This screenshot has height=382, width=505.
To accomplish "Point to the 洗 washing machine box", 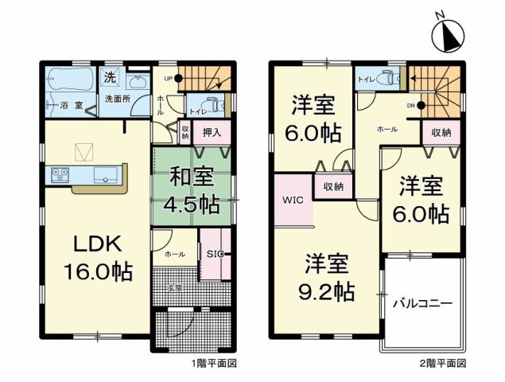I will [x=111, y=78].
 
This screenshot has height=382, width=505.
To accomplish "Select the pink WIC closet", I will [x=290, y=201].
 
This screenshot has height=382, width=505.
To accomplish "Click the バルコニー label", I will [x=421, y=304].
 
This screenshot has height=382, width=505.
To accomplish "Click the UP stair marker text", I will [x=168, y=79].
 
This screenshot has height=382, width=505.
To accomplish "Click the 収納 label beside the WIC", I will [x=333, y=187].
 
